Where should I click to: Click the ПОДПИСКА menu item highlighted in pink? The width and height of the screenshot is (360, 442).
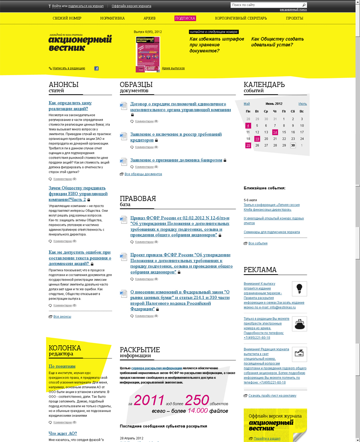185,18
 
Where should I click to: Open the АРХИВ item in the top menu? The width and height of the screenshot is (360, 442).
150,18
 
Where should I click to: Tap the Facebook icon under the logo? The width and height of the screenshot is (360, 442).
96,68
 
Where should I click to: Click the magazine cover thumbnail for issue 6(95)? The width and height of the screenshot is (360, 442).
148,54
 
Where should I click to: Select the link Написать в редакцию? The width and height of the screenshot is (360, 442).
69,68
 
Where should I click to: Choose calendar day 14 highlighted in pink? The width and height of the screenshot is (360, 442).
275,132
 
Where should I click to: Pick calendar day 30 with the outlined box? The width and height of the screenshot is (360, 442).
293,145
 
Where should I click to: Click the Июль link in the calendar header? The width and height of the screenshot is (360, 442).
302,104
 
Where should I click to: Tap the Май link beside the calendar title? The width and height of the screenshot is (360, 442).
247,104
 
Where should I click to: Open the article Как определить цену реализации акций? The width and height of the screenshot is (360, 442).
70,106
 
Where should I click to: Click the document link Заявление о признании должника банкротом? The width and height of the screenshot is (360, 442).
176,160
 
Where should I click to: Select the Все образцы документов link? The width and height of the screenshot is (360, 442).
143,174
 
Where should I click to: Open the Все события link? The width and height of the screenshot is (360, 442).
258,243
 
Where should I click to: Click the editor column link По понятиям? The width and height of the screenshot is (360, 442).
62,366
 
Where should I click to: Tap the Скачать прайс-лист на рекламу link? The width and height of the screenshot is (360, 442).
272,396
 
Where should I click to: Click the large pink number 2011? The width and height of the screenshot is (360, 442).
149,400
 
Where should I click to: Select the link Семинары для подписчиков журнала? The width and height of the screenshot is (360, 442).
272,232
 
